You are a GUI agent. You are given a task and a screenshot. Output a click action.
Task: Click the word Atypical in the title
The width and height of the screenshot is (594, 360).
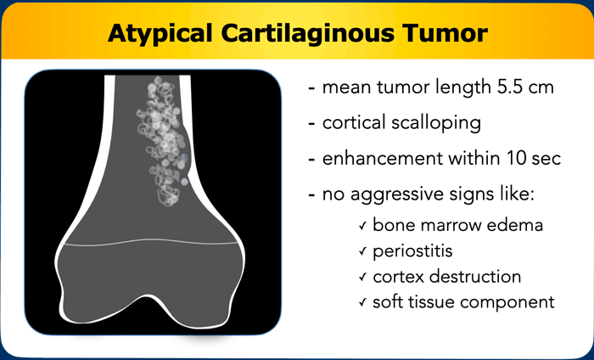(x=160, y=34)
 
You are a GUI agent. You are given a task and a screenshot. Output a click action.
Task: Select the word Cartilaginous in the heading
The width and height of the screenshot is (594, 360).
(x=307, y=32)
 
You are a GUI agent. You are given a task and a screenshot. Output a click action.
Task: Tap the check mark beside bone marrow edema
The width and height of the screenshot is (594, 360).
(x=362, y=226)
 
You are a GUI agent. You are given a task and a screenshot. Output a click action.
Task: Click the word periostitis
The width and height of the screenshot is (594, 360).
(x=412, y=251)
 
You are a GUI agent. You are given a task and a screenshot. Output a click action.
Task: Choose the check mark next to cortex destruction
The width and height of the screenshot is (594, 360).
(x=362, y=277)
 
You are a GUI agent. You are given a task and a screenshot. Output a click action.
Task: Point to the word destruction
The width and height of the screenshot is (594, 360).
(x=477, y=276)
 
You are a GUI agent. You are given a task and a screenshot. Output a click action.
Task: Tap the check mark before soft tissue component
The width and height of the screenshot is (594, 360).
(x=362, y=302)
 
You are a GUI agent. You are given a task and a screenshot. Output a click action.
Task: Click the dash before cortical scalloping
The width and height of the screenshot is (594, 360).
(x=311, y=124)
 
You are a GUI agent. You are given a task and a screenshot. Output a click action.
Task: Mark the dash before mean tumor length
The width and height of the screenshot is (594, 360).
(x=311, y=88)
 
